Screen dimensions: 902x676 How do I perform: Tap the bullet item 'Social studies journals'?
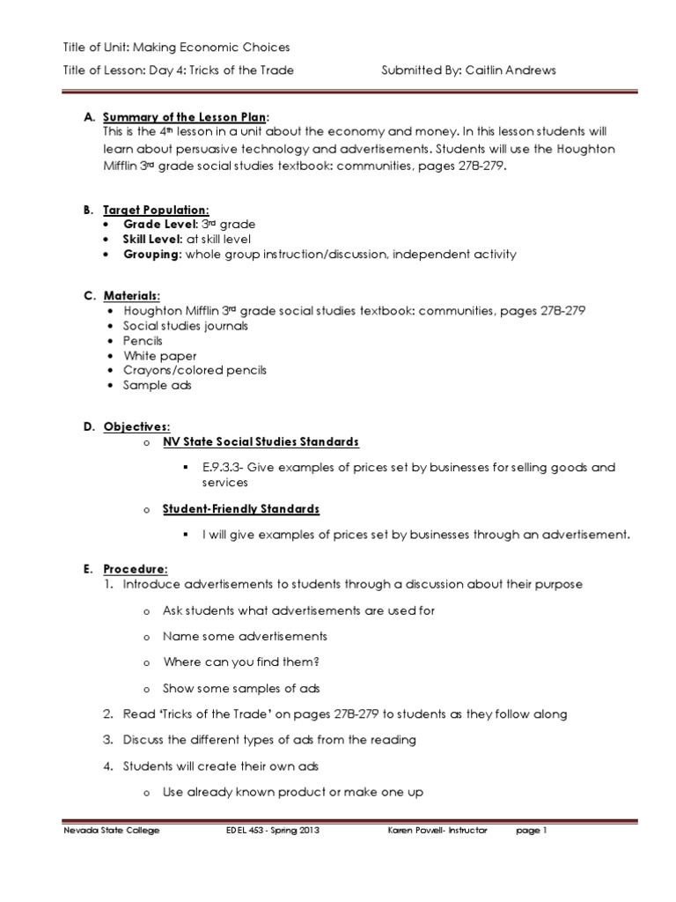[186, 325]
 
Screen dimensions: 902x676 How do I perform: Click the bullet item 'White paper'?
[160, 356]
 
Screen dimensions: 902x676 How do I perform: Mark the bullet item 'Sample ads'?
[158, 386]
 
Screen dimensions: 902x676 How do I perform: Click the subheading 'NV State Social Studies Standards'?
[261, 441]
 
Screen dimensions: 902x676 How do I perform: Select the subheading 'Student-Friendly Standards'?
[241, 509]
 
